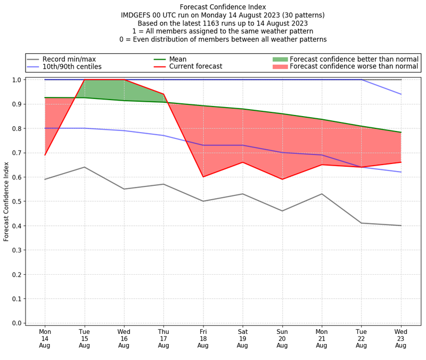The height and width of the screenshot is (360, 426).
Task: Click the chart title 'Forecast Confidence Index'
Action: (223, 7)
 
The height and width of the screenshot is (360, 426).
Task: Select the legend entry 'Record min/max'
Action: (69, 59)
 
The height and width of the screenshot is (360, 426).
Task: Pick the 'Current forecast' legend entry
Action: (195, 67)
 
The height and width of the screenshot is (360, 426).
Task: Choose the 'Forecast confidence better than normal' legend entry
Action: (354, 59)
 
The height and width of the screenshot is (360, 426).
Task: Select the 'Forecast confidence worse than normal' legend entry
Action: (354, 67)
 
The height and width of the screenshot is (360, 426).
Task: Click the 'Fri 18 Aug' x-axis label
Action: (203, 338)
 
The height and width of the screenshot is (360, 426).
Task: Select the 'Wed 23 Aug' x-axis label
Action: (401, 338)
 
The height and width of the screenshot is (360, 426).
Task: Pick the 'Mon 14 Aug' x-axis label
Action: (45, 338)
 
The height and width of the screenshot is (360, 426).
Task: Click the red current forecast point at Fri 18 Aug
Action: (203, 177)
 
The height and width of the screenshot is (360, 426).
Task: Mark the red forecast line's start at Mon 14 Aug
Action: (45, 155)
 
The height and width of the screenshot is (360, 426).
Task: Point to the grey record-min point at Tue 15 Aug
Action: (84, 167)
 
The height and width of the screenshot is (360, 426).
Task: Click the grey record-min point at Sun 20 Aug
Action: (282, 211)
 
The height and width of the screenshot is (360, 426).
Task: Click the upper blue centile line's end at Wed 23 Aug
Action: (401, 94)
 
